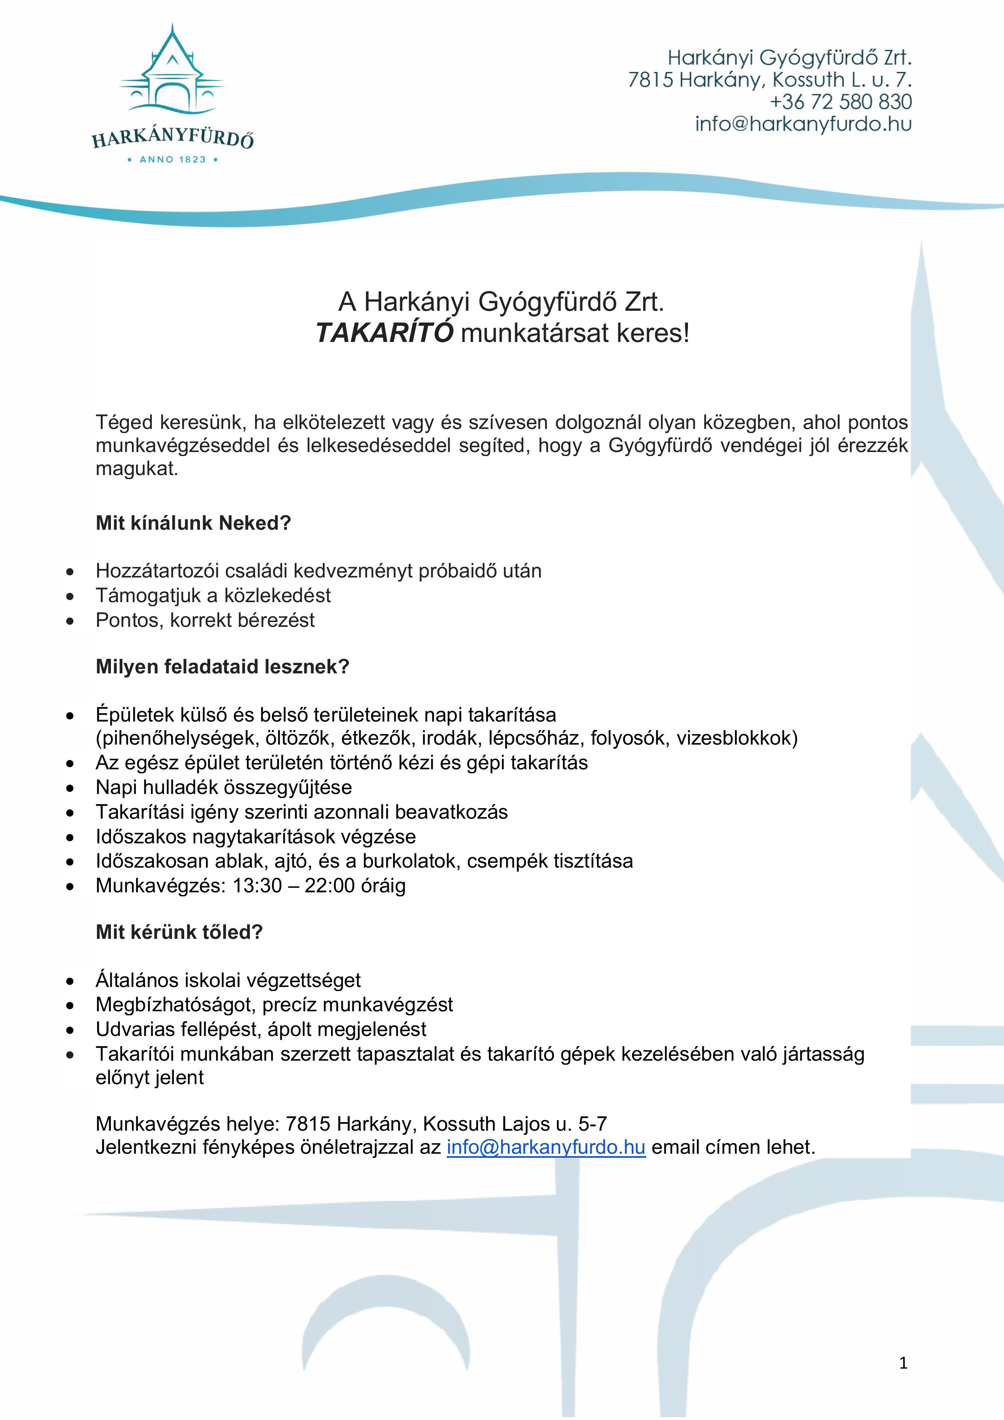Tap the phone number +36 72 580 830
(x=841, y=102)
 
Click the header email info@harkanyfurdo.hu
(x=803, y=124)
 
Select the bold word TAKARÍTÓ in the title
(x=384, y=333)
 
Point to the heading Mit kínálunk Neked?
(x=193, y=523)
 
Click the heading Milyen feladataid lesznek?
(x=222, y=667)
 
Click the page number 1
(x=903, y=1363)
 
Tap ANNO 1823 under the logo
(x=172, y=159)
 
